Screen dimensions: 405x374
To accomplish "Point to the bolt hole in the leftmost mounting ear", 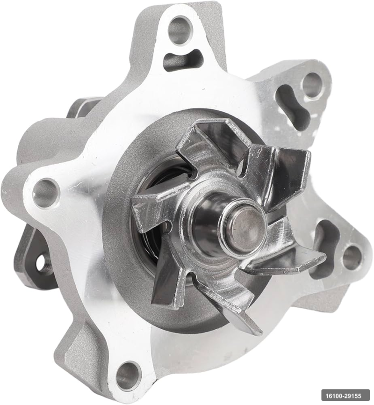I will [45, 192].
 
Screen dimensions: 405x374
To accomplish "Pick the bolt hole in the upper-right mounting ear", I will [312, 85].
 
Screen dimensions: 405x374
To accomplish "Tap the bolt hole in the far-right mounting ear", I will [352, 257].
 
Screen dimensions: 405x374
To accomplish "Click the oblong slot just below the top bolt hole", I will [183, 60].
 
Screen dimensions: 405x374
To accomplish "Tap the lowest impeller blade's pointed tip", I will [248, 325].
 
